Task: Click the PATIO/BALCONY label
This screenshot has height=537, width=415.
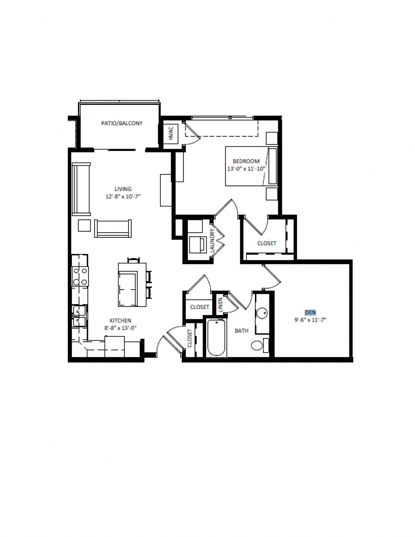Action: (122, 123)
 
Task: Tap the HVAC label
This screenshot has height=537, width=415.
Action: (171, 133)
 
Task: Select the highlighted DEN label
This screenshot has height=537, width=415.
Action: (310, 313)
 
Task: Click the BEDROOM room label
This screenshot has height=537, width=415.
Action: (246, 161)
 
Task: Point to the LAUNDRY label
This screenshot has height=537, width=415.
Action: (212, 240)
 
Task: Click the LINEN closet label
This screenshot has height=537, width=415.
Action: (220, 305)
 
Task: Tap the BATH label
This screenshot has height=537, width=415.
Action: (241, 331)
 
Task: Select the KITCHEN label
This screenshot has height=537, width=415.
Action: (120, 320)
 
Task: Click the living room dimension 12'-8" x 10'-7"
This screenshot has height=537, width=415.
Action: (123, 196)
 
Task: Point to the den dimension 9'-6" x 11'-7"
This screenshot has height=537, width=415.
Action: (310, 320)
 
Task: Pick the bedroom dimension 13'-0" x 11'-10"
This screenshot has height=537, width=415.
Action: (246, 169)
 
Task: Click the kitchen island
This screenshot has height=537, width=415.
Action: (132, 285)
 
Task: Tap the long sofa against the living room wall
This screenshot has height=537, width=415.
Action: (81, 189)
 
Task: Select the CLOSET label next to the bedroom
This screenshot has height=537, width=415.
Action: (267, 243)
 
